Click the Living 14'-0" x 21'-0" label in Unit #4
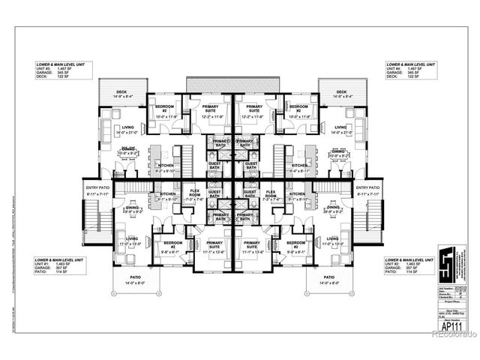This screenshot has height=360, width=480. point(340,130)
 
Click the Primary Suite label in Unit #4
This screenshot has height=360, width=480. point(250,111)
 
